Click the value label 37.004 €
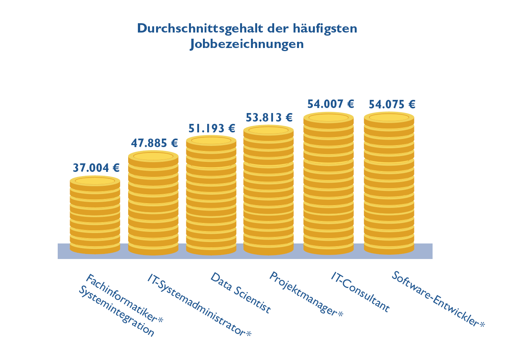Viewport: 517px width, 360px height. (96, 168)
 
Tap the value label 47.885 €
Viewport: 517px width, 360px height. (154, 144)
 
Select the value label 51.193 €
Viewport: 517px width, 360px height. (212, 128)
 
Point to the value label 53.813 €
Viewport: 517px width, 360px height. (269, 117)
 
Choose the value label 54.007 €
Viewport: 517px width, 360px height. (331, 104)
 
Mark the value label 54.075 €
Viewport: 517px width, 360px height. (392, 105)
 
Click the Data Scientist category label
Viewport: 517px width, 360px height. (240, 293)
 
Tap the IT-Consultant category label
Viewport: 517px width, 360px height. (360, 291)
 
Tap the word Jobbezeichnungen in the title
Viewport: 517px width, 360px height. (247, 44)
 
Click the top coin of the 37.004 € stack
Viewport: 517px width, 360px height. (95, 181)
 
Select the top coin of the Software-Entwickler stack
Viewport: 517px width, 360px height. (389, 117)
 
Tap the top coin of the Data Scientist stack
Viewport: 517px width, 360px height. (211, 141)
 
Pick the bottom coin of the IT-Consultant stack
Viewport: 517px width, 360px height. (328, 249)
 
